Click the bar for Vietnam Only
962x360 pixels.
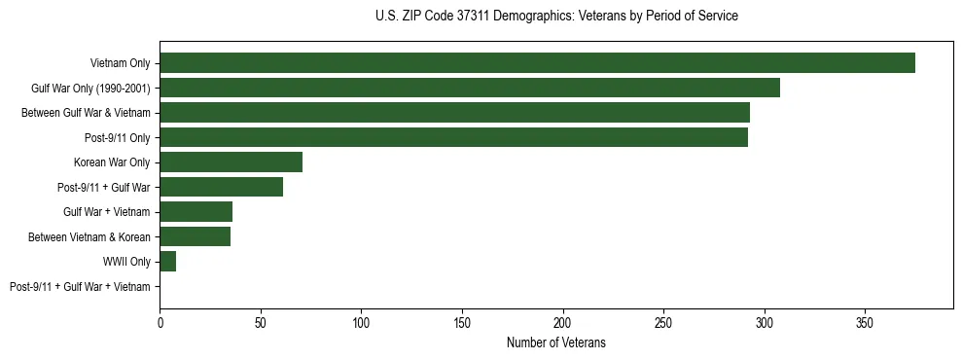[537, 63]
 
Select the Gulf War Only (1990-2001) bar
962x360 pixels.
[470, 89]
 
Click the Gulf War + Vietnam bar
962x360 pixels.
[196, 212]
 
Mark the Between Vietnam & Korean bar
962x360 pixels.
[195, 236]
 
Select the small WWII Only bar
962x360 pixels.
[167, 262]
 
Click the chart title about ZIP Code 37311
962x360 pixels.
[555, 17]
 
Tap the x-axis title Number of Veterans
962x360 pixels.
[555, 343]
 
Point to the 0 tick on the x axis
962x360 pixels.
[160, 322]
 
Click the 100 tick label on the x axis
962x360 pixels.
[361, 322]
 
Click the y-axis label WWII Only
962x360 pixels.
[126, 262]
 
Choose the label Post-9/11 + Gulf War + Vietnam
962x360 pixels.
[80, 286]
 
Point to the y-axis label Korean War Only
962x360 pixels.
[112, 162]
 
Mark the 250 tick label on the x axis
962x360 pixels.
[663, 322]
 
